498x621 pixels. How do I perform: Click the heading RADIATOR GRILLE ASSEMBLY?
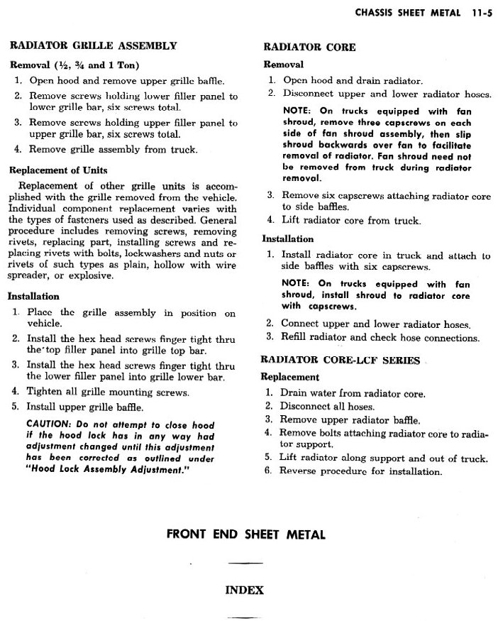point(92,46)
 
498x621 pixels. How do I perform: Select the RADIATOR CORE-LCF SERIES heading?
point(341,361)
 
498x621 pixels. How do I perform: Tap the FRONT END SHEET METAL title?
point(245,533)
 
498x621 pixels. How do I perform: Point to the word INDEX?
point(244,590)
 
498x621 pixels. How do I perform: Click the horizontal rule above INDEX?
point(245,564)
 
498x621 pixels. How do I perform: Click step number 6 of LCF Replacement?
point(269,471)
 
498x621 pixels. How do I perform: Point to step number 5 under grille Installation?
point(15,407)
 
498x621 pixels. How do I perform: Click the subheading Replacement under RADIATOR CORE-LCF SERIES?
point(290,377)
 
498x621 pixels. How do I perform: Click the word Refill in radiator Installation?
point(297,338)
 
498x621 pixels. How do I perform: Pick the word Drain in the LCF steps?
point(294,392)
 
